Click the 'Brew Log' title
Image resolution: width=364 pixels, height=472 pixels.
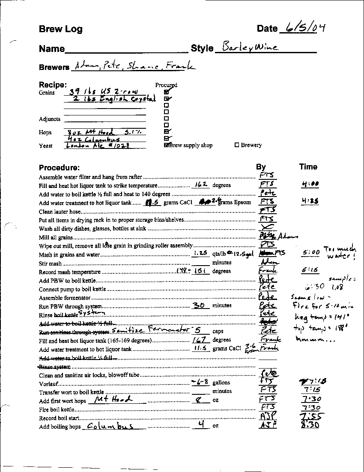point(60,29)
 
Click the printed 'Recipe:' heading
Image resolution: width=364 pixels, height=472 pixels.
point(53,85)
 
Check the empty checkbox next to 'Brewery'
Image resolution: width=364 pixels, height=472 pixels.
point(237,145)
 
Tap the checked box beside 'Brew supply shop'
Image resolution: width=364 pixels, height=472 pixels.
point(167,145)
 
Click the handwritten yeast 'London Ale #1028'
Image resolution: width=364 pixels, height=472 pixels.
point(98,145)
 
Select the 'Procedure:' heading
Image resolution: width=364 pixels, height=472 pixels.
point(59,167)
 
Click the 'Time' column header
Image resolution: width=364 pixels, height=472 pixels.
point(308,166)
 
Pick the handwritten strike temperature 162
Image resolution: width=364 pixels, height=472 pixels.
point(200,185)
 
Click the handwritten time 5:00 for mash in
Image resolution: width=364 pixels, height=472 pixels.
point(310,253)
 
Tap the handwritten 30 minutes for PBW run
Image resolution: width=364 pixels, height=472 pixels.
point(200,305)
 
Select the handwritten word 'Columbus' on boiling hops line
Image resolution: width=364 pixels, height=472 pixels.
point(110,426)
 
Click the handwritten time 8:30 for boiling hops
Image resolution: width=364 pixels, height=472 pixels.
point(310,425)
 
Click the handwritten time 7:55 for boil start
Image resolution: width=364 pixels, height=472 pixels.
point(311,416)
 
